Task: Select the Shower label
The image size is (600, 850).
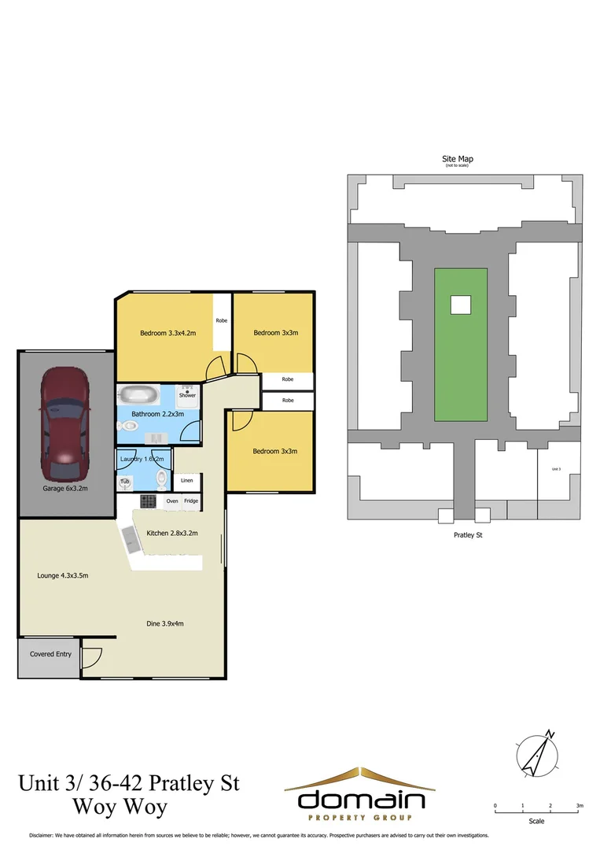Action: tap(186, 395)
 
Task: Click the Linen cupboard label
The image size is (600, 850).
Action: tap(186, 480)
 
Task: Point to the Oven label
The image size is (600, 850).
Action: tap(172, 501)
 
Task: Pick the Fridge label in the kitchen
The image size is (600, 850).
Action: tap(191, 501)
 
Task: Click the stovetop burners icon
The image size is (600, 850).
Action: tap(149, 501)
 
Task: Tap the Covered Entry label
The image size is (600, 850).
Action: tap(50, 654)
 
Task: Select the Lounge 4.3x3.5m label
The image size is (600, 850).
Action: tap(63, 575)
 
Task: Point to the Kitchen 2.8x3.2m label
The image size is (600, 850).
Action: tap(172, 534)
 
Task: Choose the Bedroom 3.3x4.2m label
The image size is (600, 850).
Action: tap(167, 333)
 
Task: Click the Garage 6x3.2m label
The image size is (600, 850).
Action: tap(64, 489)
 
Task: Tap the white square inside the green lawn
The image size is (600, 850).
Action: tap(460, 304)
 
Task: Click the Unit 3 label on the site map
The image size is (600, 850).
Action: tap(556, 469)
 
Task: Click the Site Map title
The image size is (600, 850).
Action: tap(458, 159)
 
